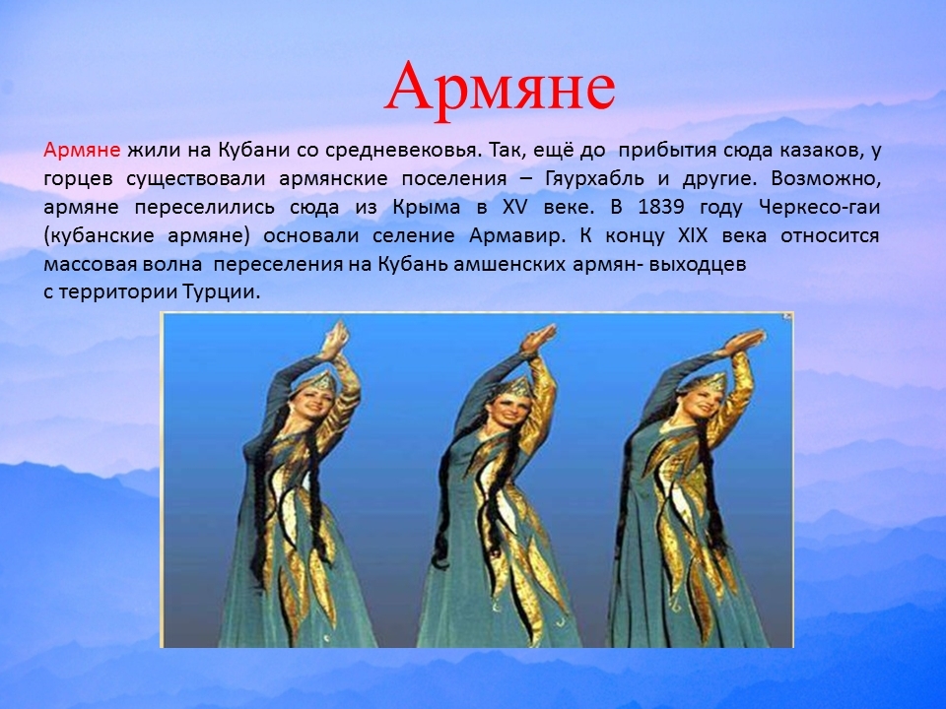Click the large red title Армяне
click(x=501, y=89)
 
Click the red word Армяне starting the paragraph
click(x=82, y=150)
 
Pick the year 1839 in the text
click(x=661, y=208)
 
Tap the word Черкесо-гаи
click(x=819, y=208)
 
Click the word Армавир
click(x=517, y=235)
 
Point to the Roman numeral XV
click(x=514, y=208)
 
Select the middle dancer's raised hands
click(x=539, y=339)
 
